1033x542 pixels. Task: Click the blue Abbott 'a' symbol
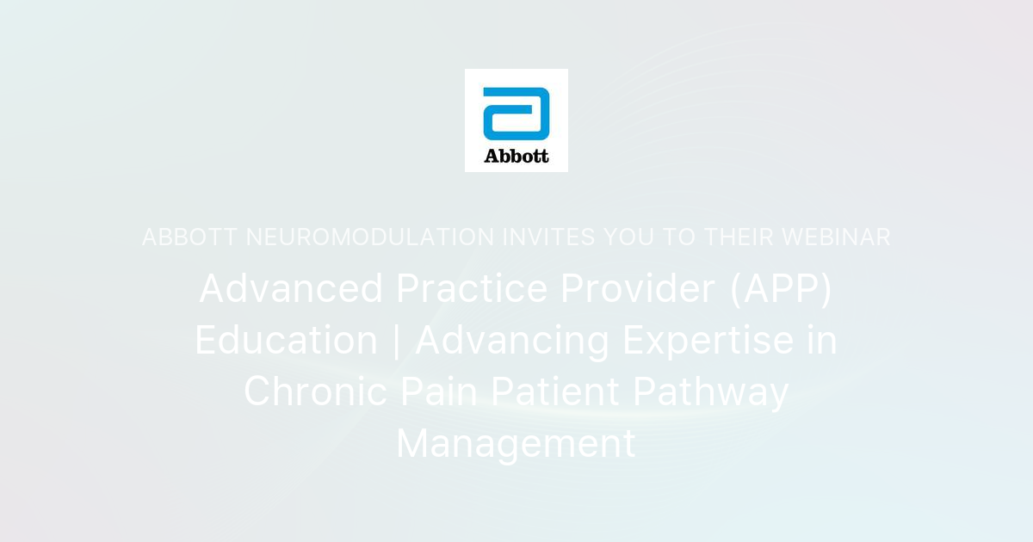click(x=516, y=113)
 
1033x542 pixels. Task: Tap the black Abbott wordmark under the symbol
click(x=516, y=156)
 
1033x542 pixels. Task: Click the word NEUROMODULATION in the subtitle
click(x=370, y=237)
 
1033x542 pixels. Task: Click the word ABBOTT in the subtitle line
click(x=189, y=237)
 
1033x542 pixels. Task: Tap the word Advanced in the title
click(x=291, y=289)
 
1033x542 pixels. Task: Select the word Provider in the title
click(x=638, y=289)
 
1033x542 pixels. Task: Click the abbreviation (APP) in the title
click(x=781, y=289)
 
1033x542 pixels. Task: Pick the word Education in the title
click(x=286, y=341)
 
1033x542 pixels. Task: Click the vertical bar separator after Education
click(x=396, y=341)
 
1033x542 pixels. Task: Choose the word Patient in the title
click(x=555, y=392)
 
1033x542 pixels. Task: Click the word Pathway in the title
click(x=710, y=392)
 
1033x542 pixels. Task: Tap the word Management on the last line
click(x=516, y=444)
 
